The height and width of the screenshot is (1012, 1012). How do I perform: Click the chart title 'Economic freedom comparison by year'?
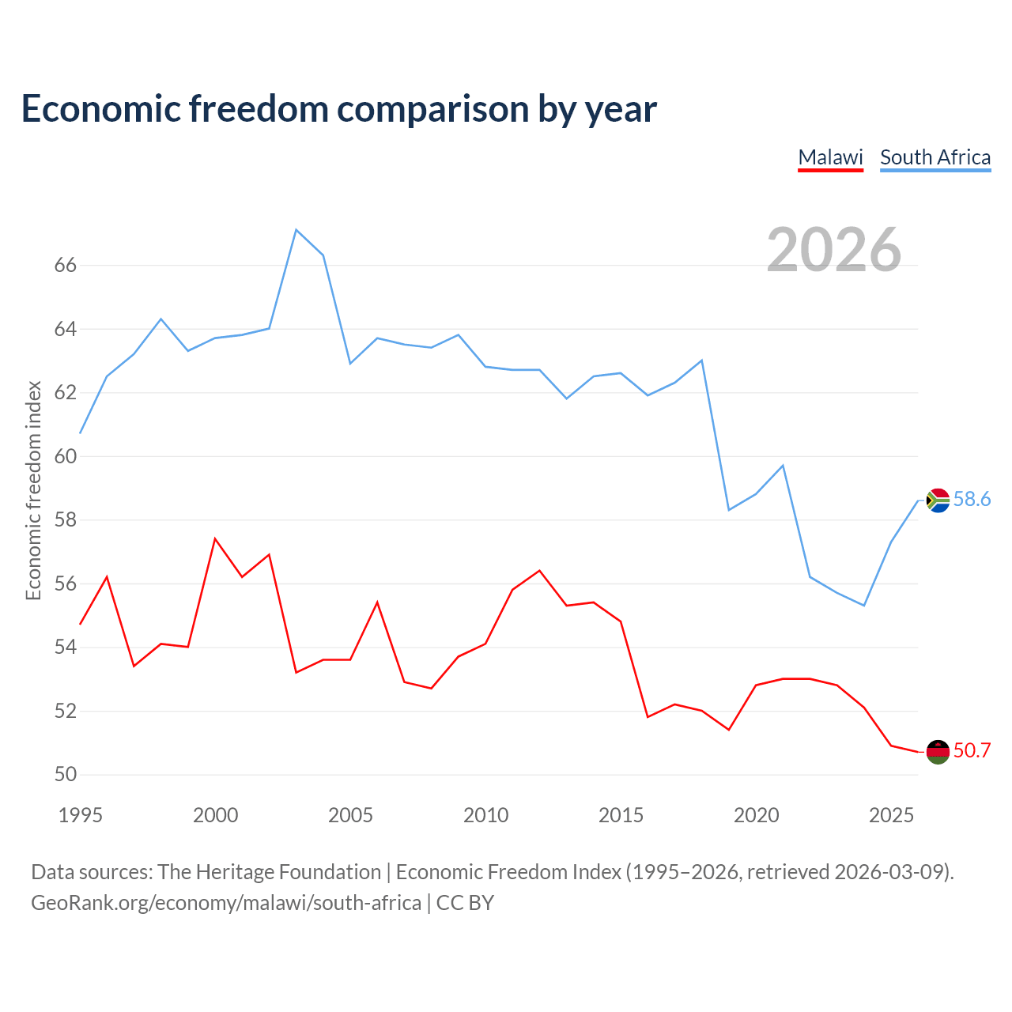coord(338,109)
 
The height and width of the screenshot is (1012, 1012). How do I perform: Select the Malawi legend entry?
coord(830,158)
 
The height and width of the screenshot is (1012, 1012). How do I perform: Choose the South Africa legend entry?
coord(935,158)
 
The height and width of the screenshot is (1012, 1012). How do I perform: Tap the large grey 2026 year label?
coord(834,250)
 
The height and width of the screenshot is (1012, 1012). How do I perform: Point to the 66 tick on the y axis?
coord(66,265)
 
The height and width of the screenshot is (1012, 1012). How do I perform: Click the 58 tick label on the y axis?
coord(66,520)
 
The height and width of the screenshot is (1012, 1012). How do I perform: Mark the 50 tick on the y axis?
coord(66,774)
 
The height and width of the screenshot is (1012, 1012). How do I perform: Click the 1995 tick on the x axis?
coord(81,815)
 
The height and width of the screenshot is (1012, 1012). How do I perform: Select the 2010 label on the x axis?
coord(485,815)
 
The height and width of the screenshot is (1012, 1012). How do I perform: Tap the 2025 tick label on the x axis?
coord(891,815)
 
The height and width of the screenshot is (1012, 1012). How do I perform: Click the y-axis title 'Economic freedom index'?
coord(34,490)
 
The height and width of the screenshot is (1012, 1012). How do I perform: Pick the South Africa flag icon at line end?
coord(938,500)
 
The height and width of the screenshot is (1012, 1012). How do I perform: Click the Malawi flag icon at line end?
coord(938,752)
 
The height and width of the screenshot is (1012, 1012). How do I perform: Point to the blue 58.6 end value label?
coord(972,499)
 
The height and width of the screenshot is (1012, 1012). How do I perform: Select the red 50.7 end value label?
coord(972,750)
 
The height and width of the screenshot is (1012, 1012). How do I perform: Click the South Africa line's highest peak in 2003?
coord(296,230)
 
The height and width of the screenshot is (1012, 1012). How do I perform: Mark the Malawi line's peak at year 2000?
coord(215,539)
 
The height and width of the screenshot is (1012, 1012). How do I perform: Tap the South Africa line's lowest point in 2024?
coord(864,606)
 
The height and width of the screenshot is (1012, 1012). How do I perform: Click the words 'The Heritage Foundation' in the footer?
coord(270,872)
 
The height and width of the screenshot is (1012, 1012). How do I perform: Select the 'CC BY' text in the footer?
coord(466,904)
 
